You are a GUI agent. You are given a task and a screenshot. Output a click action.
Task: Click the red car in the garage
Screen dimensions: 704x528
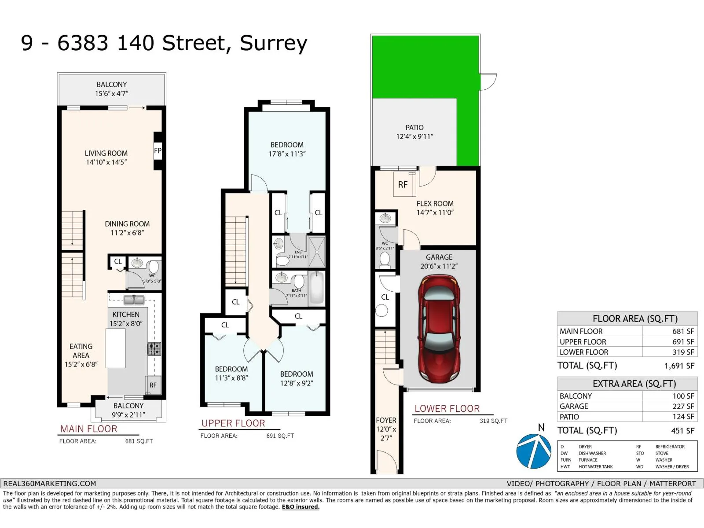point(439,329)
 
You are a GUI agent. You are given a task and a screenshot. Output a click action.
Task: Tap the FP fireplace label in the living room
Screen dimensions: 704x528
point(158,150)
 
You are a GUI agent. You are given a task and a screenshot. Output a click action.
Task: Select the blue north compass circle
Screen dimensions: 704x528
point(533,451)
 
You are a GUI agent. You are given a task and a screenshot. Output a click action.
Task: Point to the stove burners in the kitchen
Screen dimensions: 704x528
point(154,349)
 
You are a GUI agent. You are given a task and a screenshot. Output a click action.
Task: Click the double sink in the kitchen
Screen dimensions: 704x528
point(134,300)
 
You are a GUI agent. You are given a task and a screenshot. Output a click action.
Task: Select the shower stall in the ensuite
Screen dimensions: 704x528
point(317,251)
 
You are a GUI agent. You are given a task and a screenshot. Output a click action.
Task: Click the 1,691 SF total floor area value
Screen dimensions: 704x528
point(679,366)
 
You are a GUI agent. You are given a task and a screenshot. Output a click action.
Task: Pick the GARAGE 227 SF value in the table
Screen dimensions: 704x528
point(683,407)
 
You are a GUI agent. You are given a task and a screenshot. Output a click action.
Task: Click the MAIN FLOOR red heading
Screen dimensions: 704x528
point(89,429)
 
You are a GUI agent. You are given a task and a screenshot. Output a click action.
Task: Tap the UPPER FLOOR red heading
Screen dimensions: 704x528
point(233,423)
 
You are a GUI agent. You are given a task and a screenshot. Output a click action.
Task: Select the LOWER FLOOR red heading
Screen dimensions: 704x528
point(447,409)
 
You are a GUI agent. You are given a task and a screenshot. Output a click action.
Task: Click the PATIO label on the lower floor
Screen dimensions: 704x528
point(414,128)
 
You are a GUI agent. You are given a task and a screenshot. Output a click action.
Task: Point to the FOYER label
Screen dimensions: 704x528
point(386,420)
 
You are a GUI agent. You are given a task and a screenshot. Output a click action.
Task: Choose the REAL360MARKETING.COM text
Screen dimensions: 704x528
point(50,484)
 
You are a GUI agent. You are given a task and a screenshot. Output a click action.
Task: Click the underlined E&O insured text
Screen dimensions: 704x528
point(301,507)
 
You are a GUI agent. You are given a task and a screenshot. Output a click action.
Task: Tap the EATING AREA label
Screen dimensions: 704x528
point(81,351)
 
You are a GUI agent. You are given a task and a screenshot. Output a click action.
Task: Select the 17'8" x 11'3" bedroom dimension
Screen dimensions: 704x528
point(287,154)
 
